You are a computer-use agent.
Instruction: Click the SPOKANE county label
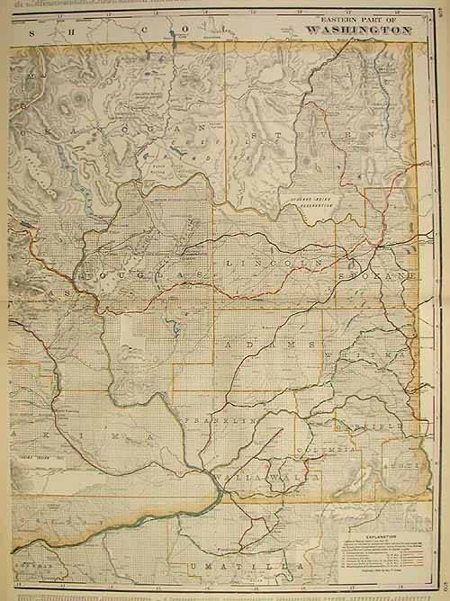click(x=378, y=276)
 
